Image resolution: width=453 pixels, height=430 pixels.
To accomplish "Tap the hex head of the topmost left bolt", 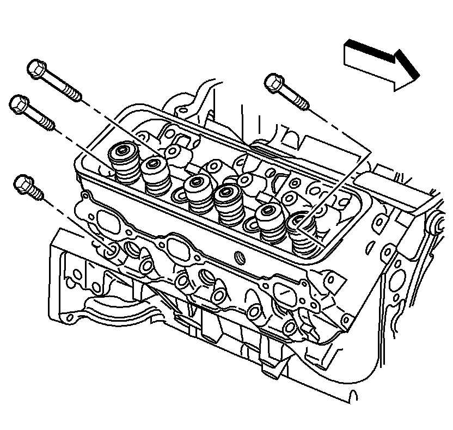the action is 36,69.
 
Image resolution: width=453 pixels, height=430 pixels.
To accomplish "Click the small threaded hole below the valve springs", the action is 237,256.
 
